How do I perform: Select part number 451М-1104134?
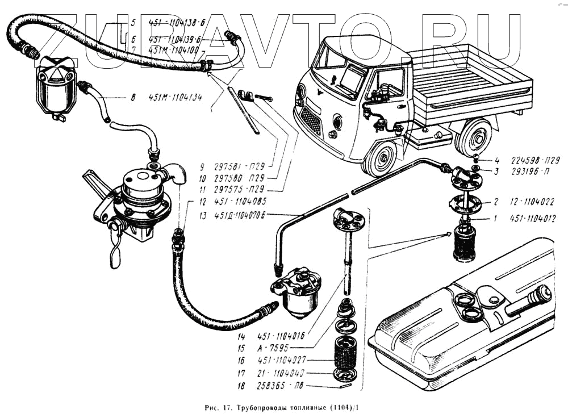pyautogui.click(x=173, y=98)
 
